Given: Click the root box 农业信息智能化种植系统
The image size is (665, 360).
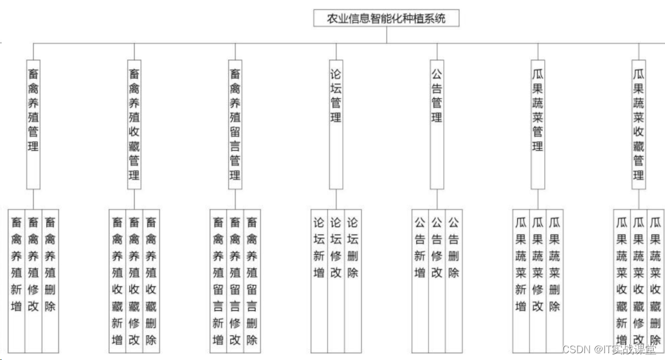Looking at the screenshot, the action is tap(387, 18).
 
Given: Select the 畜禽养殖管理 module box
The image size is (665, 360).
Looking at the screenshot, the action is tap(33, 124).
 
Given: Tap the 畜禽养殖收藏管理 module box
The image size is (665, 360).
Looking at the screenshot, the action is tap(134, 124).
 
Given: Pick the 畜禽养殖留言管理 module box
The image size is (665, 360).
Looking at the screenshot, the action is tap(235, 124).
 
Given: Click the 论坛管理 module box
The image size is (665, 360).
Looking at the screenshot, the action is tap(336, 124).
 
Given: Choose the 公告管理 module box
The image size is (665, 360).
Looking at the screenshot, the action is tap(437, 124).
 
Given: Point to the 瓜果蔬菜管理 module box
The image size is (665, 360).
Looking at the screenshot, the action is tap(538, 124).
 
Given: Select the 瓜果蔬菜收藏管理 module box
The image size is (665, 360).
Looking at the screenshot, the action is tap(638, 124).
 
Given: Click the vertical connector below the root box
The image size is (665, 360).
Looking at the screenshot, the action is tap(387, 35).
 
